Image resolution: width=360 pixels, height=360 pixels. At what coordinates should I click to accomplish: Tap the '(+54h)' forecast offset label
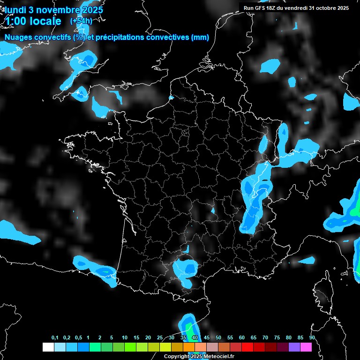pos(81,21)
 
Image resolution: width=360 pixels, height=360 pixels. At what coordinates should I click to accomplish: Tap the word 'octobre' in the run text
pos(325,8)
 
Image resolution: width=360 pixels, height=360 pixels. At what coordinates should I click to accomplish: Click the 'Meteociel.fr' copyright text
pos(216,357)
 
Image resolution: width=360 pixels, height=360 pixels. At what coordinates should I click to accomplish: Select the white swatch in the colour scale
pos(48,347)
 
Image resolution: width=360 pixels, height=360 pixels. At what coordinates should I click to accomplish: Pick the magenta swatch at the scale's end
pos(306,347)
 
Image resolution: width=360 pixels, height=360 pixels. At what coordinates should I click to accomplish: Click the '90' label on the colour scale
pos(312,337)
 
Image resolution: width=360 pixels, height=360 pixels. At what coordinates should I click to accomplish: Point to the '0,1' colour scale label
pos(55,337)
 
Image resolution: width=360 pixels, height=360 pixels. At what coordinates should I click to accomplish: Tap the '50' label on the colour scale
pos(218,337)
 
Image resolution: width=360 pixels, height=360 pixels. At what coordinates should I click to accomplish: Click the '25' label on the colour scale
pos(159,337)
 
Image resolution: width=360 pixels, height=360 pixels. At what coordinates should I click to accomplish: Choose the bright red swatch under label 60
pos(247,347)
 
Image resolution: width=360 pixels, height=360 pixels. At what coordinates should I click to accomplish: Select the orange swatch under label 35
pos(189,347)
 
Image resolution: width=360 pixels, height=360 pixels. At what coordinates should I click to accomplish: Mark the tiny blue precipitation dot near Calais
pos(171,98)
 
